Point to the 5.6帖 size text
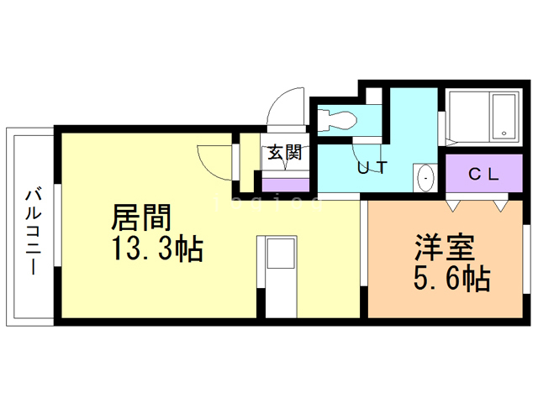(451, 278)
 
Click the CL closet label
(483, 175)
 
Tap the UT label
(372, 167)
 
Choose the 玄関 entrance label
(285, 153)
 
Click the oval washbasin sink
(425, 178)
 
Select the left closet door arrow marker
(454, 204)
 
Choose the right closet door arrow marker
(502, 204)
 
